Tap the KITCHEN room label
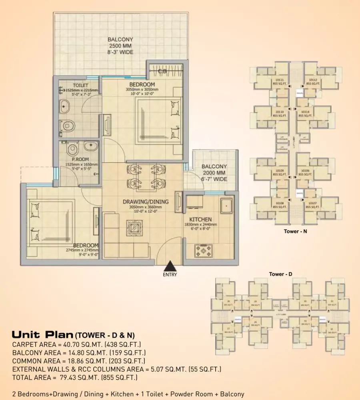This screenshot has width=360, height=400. (x=200, y=219)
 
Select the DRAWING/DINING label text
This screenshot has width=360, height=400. (x=145, y=202)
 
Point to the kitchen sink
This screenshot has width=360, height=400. (x=226, y=205)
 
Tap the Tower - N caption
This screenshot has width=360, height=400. (x=295, y=231)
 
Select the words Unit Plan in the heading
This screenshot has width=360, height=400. (x=42, y=334)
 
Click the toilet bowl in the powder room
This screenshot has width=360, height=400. (x=73, y=150)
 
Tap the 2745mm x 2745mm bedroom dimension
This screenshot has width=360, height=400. (x=82, y=250)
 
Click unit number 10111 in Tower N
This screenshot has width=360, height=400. (x=280, y=80)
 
